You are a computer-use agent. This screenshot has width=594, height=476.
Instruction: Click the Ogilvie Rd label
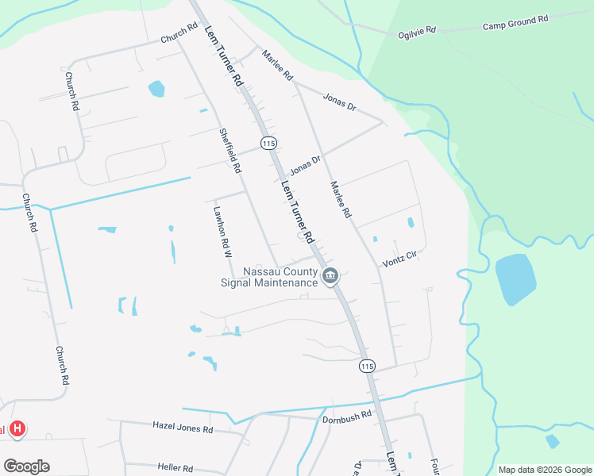(x=418, y=32)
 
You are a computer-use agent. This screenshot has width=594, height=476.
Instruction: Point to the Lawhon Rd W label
(x=222, y=232)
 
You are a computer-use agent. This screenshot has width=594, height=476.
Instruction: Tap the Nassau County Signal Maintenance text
(x=269, y=277)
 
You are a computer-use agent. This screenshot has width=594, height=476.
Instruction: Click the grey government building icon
(x=331, y=276)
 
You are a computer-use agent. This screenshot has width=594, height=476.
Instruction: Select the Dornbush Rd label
(x=347, y=416)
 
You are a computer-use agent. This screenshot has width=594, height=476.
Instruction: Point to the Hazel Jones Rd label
(x=183, y=428)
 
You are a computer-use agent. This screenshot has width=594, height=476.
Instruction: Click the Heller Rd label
(x=175, y=468)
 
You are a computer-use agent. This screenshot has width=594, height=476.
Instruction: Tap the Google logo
(x=26, y=466)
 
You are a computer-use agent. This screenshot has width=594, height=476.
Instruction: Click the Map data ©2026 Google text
(x=545, y=470)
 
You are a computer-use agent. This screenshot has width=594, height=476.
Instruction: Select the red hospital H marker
(x=17, y=430)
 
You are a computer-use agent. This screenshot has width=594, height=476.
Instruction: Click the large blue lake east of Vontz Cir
(x=515, y=278)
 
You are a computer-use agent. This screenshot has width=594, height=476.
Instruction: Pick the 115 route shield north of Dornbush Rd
(x=366, y=366)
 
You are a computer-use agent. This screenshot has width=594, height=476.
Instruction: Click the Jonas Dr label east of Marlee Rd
(x=339, y=101)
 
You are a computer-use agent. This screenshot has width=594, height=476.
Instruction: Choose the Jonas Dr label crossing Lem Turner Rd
(x=305, y=165)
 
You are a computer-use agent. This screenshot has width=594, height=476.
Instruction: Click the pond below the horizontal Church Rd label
(x=156, y=88)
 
